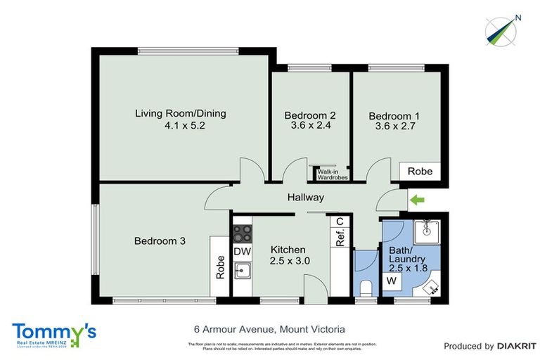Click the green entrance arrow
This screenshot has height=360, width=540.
coord(418,202)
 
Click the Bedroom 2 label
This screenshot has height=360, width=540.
coord(309,115)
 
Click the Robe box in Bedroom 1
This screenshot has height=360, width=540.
coord(420,171)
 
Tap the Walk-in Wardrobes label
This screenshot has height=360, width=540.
coord(332,174)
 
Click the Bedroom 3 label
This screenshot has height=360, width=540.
coord(160,240)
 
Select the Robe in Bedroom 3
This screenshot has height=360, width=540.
coord(219,266)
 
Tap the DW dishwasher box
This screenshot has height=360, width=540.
coord(242,252)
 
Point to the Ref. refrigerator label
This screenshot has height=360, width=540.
coord(340,239)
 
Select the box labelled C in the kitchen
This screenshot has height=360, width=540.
coord(340,221)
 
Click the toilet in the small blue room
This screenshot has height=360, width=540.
coord(364,288)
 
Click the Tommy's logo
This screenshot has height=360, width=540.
coord(54,333)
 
